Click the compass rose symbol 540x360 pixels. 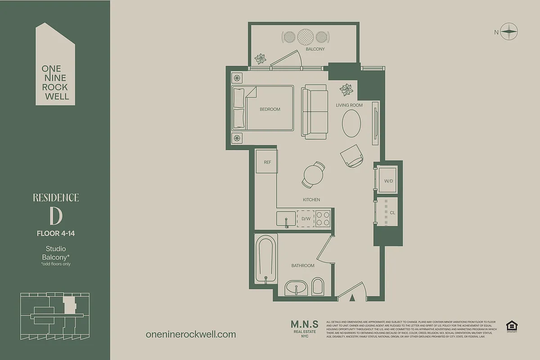[509, 31]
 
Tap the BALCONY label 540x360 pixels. [315, 49]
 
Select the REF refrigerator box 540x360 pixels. [267, 162]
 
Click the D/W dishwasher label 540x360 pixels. [306, 219]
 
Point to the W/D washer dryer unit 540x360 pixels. [388, 181]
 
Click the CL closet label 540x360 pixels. [392, 212]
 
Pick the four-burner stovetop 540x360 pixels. [323, 218]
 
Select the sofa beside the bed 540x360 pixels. [315, 112]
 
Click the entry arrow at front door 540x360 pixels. [353, 297]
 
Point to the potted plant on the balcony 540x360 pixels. [261, 58]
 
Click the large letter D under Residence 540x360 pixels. [56, 216]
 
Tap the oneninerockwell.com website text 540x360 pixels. [191, 334]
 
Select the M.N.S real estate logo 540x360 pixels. [305, 328]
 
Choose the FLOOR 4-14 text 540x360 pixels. [56, 233]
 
